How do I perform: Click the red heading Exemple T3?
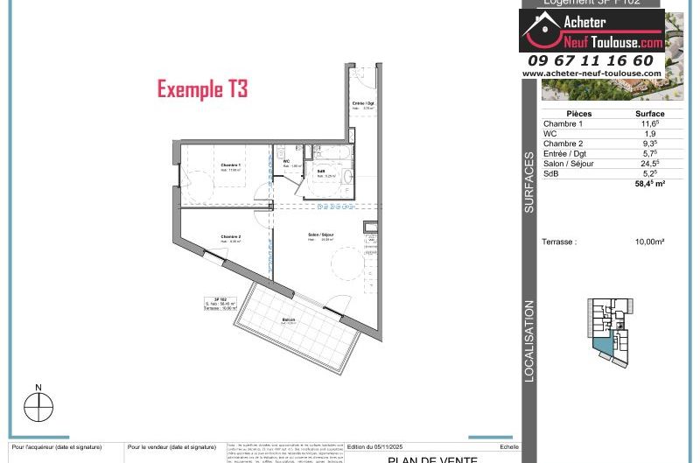coord(202,89)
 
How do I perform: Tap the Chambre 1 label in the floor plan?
coord(230,165)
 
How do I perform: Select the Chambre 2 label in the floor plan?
coord(230,236)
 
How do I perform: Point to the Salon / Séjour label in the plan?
coord(320,235)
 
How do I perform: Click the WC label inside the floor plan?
coord(286,161)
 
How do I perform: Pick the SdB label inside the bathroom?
coord(321,171)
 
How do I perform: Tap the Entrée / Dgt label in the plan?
coord(363,103)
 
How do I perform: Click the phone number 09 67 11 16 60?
coord(591,60)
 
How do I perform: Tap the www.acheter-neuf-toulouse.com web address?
coord(592,74)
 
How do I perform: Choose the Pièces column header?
coord(579,114)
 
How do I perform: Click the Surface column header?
coord(649,114)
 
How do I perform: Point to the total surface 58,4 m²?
coord(650,184)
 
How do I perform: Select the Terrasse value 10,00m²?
coord(649,242)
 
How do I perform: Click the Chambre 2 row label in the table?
coord(563,144)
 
